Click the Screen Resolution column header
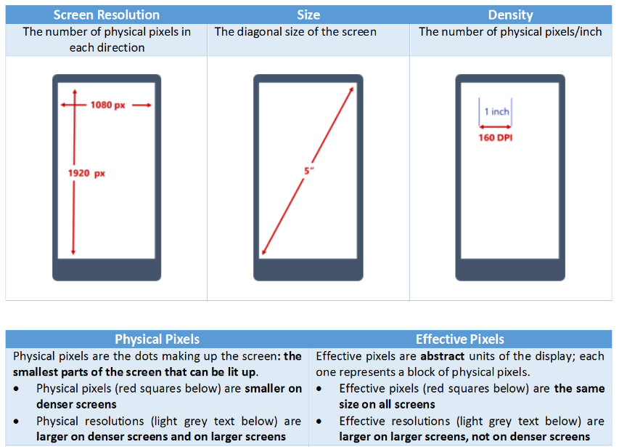tap(107, 15)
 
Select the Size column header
tap(308, 15)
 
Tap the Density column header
tap(510, 15)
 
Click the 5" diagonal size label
tap(308, 171)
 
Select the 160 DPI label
tap(496, 138)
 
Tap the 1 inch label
tap(496, 111)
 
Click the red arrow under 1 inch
tap(496, 127)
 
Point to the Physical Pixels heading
tap(157, 339)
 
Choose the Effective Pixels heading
tap(460, 339)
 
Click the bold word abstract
tap(442, 356)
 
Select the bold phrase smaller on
tap(273, 389)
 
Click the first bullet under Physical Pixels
tap(16, 389)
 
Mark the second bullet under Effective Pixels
tap(319, 422)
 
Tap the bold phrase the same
tap(579, 389)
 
